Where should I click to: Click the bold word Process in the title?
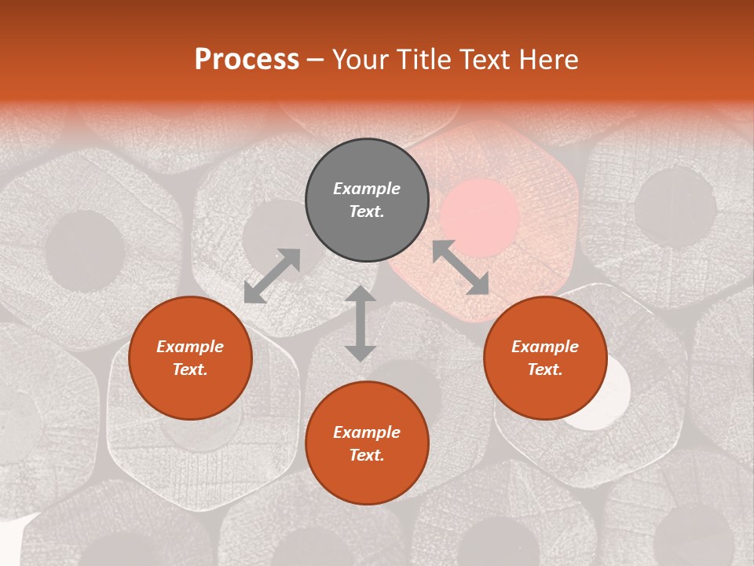point(247,60)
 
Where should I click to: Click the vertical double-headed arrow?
point(361,323)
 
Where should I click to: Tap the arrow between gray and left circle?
point(272,276)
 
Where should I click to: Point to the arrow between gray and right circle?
point(460,267)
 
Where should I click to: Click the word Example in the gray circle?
point(367,189)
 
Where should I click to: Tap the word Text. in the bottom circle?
point(367,455)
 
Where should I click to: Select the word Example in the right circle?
point(545,347)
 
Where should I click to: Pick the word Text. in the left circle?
point(190,369)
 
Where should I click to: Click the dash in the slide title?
point(316,61)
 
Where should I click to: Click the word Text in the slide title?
point(481,60)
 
